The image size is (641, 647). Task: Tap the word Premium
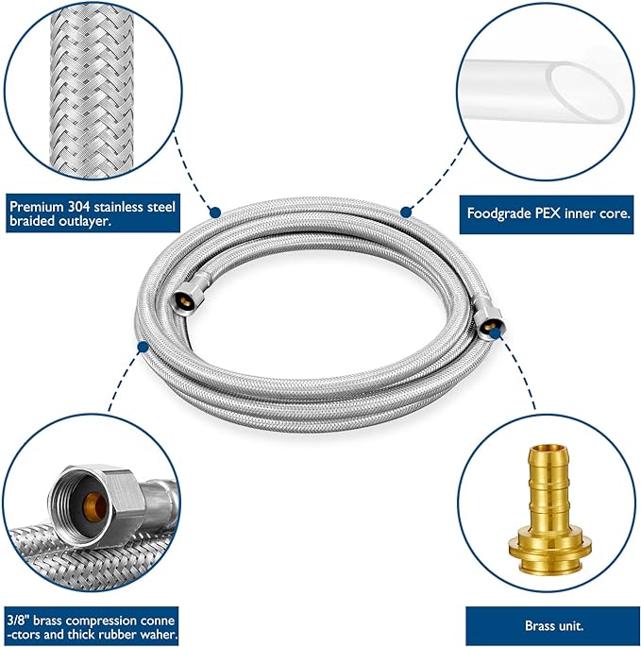tap(36, 204)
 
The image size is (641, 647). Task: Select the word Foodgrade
tap(499, 213)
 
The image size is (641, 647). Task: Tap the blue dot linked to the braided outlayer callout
tap(215, 213)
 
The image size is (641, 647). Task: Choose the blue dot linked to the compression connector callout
tap(143, 347)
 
